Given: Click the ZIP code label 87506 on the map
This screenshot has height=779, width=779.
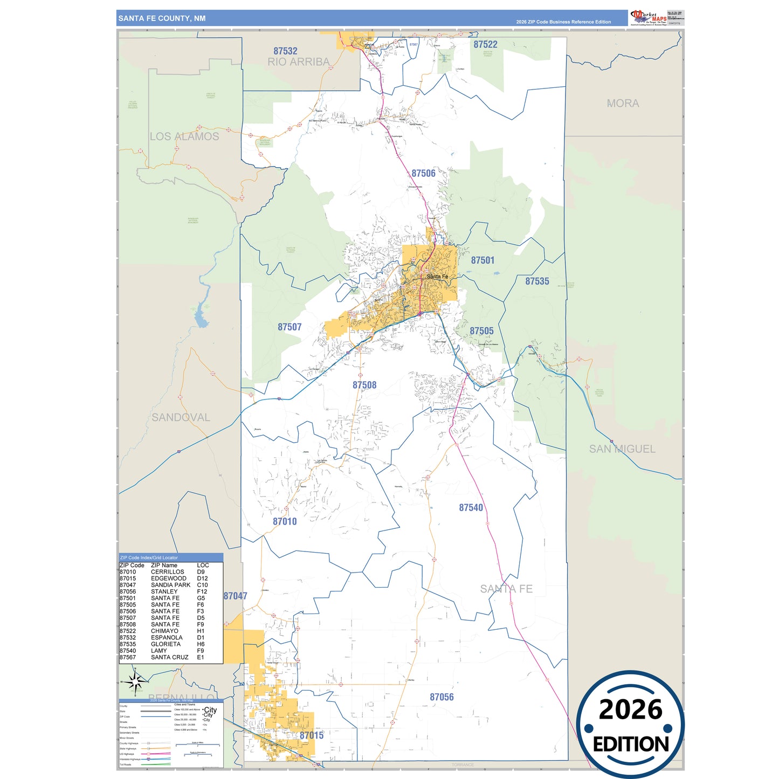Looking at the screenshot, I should pyautogui.click(x=423, y=173).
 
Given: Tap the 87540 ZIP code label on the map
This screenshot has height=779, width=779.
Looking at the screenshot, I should pyautogui.click(x=471, y=507).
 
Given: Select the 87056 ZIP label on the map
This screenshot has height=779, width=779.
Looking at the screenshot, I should pyautogui.click(x=442, y=697).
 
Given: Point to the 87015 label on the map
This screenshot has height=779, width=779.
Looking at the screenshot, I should pyautogui.click(x=312, y=735).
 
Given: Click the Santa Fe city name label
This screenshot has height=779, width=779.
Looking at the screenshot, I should pyautogui.click(x=437, y=277).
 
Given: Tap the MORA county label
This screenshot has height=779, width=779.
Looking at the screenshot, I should pyautogui.click(x=623, y=104).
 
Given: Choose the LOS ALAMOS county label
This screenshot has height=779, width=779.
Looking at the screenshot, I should pyautogui.click(x=184, y=136).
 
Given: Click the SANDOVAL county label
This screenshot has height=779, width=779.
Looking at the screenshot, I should pyautogui.click(x=181, y=417).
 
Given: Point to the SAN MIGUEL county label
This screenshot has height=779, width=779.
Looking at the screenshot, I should pyautogui.click(x=622, y=449).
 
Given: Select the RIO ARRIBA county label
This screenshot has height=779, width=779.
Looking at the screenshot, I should pyautogui.click(x=298, y=62).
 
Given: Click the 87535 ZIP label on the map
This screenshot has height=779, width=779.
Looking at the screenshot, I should pyautogui.click(x=537, y=281).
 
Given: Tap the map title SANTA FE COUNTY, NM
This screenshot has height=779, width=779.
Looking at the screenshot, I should pyautogui.click(x=162, y=18).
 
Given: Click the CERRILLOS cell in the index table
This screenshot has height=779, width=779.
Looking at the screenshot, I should pyautogui.click(x=167, y=572).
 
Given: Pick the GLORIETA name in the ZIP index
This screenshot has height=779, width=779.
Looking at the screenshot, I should pyautogui.click(x=166, y=644).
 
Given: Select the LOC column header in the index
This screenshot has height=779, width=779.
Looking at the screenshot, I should pyautogui.click(x=203, y=566).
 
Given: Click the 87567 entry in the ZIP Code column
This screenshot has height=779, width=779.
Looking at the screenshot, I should pyautogui.click(x=128, y=657).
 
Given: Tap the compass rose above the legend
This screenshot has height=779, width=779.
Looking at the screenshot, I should pyautogui.click(x=135, y=682).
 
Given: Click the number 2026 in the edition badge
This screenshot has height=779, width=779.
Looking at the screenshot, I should pyautogui.click(x=630, y=709).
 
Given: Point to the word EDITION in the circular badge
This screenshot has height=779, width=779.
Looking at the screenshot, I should pyautogui.click(x=631, y=744).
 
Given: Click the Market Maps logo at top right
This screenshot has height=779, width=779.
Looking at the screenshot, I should pyautogui.click(x=648, y=18).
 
